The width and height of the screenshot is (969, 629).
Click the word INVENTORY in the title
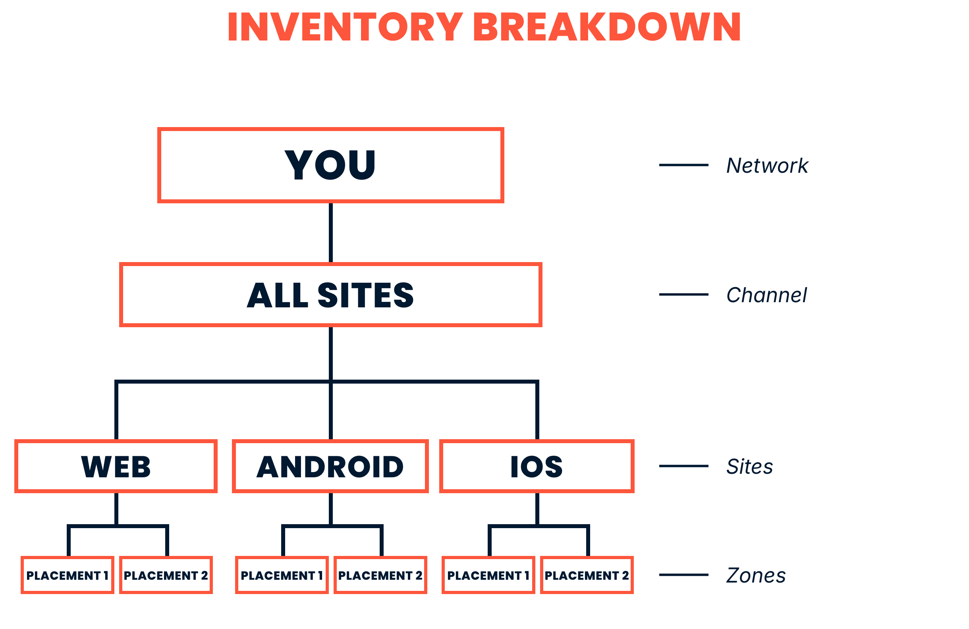(x=345, y=27)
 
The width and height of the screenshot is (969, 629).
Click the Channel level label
(x=766, y=295)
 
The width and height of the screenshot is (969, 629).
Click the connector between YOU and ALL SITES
(x=330, y=233)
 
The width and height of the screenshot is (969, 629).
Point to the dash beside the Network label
(x=683, y=165)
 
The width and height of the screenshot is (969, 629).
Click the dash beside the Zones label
(x=683, y=575)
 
